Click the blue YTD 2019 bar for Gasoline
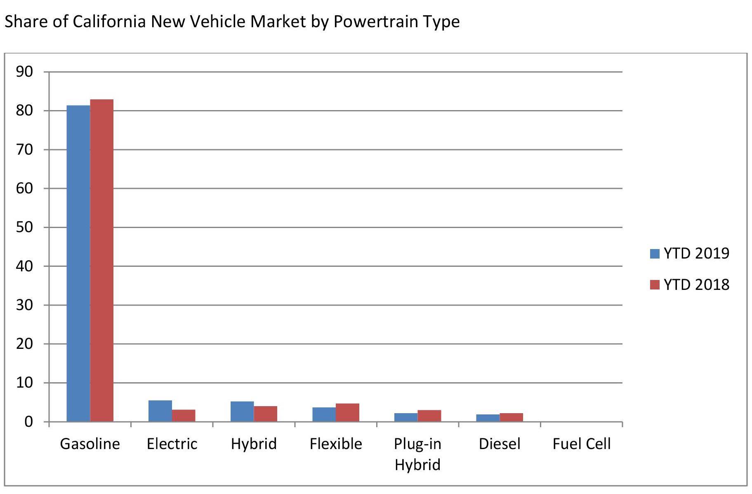[x=78, y=263]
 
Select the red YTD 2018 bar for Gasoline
[x=102, y=261]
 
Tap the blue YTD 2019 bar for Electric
[x=160, y=411]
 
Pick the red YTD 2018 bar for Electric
[x=184, y=416]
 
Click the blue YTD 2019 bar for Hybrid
[x=242, y=412]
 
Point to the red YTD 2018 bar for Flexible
[x=347, y=412]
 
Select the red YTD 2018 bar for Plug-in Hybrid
[x=429, y=416]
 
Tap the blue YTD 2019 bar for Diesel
[x=488, y=418]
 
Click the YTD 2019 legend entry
[x=690, y=253]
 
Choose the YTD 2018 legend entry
[x=690, y=285]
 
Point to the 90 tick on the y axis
[x=24, y=72]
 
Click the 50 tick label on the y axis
[x=24, y=227]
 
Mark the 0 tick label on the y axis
[x=28, y=421]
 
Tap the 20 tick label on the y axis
[x=24, y=344]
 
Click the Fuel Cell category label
[x=582, y=444]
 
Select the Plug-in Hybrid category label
[x=417, y=454]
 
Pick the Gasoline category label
[x=90, y=444]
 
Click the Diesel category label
[x=500, y=444]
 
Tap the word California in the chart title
[x=109, y=21]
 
